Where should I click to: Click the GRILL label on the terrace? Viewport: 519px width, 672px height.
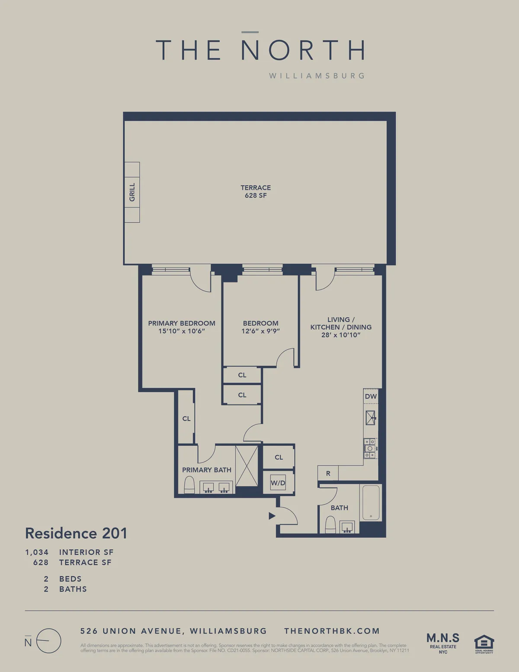pos(132,192)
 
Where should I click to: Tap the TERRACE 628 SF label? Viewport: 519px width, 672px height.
pos(256,191)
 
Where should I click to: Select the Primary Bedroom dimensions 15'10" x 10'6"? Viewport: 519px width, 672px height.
pos(182,331)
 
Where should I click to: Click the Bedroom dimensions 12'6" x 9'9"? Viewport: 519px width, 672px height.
pos(260,331)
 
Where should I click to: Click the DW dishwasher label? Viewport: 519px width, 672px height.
pos(371,396)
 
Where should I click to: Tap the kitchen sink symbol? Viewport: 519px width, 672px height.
pos(371,418)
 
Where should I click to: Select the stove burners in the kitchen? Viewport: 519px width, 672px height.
pos(370,449)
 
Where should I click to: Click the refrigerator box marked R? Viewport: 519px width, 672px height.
pos(328,473)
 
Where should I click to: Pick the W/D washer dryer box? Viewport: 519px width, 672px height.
pos(278,483)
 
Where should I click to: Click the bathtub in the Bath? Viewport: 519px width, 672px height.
pos(371,503)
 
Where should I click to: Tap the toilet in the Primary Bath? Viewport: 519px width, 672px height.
pos(189,485)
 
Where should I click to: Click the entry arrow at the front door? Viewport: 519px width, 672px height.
pos(272,516)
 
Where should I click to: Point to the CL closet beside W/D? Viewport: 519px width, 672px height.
pos(279,457)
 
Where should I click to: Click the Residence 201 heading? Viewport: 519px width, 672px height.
pos(76,533)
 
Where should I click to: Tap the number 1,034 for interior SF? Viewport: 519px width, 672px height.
pos(37,552)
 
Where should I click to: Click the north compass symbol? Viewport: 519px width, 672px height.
pos(48,641)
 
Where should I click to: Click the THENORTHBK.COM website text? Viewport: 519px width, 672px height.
pos(332,631)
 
